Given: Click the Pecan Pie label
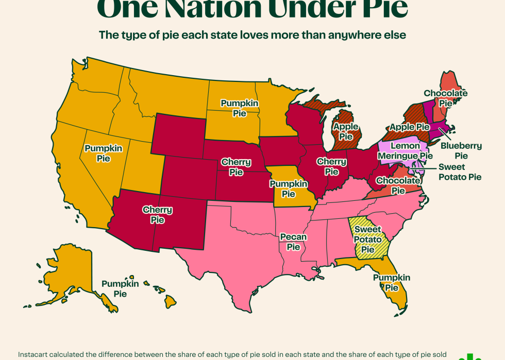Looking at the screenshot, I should click(x=293, y=242).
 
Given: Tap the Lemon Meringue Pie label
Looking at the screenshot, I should click(x=405, y=150).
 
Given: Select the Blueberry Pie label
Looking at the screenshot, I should click(x=461, y=150).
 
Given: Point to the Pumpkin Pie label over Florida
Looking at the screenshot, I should click(x=392, y=283).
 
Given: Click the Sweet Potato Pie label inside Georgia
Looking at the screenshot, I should click(x=367, y=239).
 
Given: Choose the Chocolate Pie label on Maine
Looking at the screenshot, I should click(x=446, y=98).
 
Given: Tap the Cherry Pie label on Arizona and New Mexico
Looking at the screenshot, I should click(x=158, y=215).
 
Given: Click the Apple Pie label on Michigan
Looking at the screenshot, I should click(x=346, y=131).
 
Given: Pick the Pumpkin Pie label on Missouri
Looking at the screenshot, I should click(x=289, y=188).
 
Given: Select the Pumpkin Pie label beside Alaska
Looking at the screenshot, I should click(x=120, y=288).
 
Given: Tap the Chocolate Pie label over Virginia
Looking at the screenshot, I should click(x=398, y=185).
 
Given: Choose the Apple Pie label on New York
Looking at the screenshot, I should click(x=410, y=127).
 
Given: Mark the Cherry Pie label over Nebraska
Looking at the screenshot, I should click(x=236, y=167).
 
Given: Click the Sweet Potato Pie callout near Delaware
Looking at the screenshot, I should click(x=460, y=172).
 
